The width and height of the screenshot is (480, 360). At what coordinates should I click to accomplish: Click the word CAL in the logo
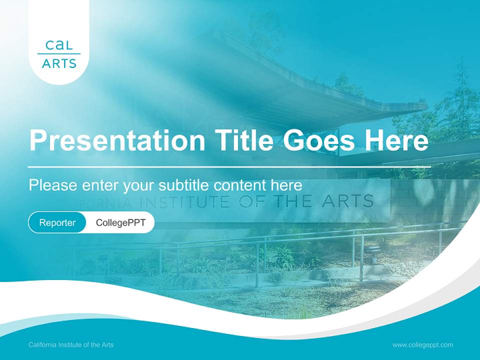(x=59, y=45)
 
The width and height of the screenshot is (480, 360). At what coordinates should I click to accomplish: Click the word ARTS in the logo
(x=59, y=63)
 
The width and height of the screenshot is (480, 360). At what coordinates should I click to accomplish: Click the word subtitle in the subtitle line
(x=184, y=185)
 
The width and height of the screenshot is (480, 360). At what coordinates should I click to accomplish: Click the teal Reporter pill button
(x=57, y=222)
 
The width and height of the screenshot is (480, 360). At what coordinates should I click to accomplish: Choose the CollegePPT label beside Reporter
(x=120, y=222)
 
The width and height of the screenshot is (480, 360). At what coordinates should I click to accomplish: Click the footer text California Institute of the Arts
(x=71, y=344)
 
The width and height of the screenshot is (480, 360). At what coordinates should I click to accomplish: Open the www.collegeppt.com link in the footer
(x=422, y=344)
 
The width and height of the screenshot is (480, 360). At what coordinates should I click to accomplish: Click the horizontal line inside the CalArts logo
(x=59, y=54)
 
